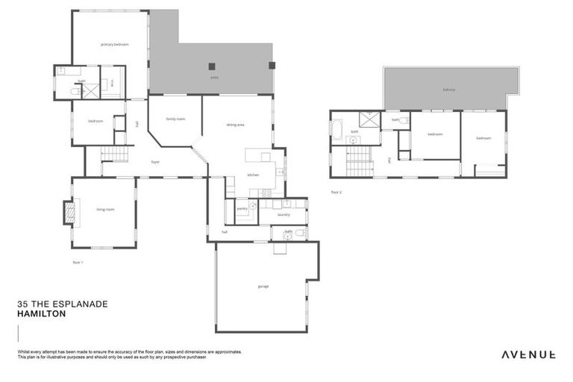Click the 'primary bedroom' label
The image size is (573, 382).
pyautogui.click(x=115, y=45)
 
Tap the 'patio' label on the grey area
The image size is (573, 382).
pyautogui.click(x=214, y=77)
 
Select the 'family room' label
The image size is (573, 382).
pyautogui.click(x=175, y=119)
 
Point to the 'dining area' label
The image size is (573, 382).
pyautogui.click(x=235, y=125)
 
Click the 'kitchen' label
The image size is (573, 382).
pyautogui.click(x=253, y=175)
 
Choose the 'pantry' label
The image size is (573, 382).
pyautogui.click(x=242, y=209)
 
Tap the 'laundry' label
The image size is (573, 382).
pyautogui.click(x=283, y=214)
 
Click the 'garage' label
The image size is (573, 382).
pyautogui.click(x=263, y=286)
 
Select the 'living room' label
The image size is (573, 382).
pyautogui.click(x=105, y=210)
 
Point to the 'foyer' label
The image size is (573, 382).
pyautogui.click(x=155, y=161)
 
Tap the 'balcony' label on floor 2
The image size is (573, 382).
pyautogui.click(x=448, y=90)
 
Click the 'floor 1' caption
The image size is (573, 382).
pyautogui.click(x=78, y=262)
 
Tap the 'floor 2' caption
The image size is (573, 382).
pyautogui.click(x=336, y=192)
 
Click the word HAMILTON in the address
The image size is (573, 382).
pyautogui.click(x=41, y=315)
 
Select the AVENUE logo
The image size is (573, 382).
pyautogui.click(x=527, y=354)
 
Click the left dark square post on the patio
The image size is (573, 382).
pyautogui.click(x=213, y=65)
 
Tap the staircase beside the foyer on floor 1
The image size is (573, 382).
pyautogui.click(x=110, y=154)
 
